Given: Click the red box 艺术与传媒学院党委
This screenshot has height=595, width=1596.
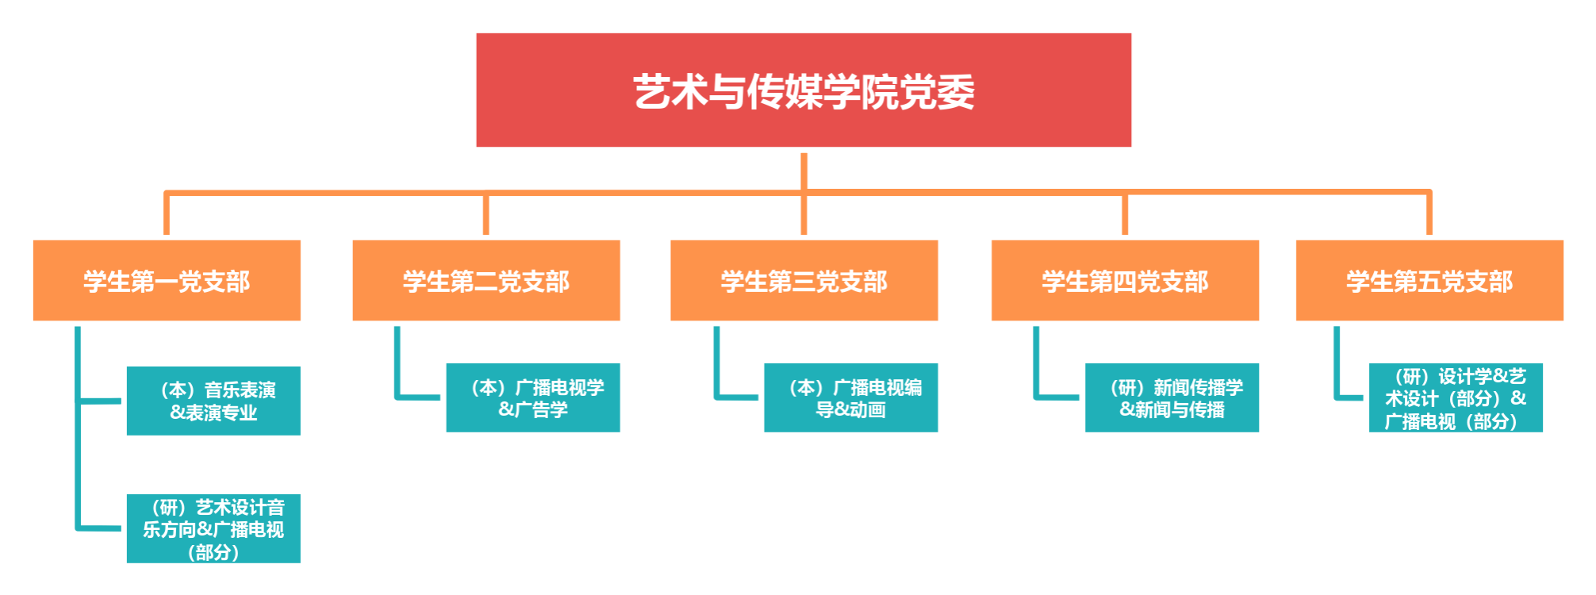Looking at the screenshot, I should point(804,90).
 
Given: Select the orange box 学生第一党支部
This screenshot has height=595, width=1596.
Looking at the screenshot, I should point(167,281).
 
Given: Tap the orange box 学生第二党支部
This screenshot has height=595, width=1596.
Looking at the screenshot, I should point(486,281).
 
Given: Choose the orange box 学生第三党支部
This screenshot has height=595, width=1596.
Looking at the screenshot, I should point(804,281).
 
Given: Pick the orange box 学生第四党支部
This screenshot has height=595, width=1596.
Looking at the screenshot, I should point(1125,281).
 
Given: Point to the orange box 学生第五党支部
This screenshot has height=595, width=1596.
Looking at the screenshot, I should point(1429,281).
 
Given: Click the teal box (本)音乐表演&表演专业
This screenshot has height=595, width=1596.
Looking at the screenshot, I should point(214,401).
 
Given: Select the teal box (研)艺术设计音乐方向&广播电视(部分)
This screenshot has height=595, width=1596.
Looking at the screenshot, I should point(214,529).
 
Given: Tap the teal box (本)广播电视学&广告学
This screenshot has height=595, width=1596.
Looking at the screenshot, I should point(533,398).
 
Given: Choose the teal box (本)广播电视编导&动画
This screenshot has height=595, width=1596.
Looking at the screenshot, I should point(851,398).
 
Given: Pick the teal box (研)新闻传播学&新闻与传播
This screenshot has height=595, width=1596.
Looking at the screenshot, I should point(1172,398).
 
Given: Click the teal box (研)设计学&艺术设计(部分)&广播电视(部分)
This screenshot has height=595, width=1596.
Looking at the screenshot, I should point(1456,398).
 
